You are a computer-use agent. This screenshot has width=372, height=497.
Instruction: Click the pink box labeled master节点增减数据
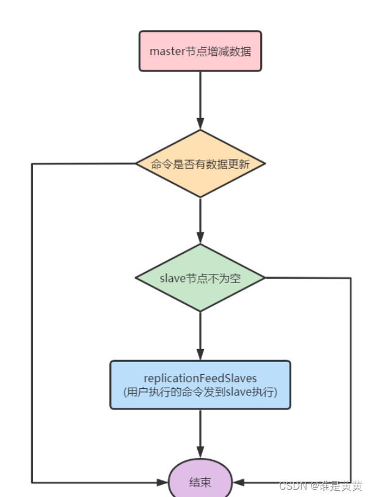(x=200, y=51)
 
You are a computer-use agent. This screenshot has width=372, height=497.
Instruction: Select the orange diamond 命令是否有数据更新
(x=200, y=164)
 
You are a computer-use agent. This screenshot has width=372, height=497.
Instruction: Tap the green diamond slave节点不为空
(x=200, y=278)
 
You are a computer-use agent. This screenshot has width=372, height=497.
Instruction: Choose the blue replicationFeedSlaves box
(x=200, y=385)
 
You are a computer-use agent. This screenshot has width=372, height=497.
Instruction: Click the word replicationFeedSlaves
(x=200, y=378)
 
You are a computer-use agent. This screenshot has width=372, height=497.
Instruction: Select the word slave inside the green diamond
(x=172, y=278)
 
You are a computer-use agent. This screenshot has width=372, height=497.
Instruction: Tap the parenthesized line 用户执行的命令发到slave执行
(x=200, y=392)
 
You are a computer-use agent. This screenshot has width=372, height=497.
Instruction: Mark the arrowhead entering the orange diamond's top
(x=200, y=124)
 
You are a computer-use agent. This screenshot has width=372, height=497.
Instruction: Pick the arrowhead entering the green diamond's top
(x=200, y=238)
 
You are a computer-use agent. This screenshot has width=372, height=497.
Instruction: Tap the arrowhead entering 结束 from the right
(x=237, y=482)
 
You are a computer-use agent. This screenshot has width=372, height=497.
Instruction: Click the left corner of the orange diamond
(x=135, y=164)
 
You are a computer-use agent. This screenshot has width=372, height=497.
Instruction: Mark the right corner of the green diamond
(x=265, y=278)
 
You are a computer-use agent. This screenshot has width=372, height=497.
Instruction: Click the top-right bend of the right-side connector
(x=351, y=278)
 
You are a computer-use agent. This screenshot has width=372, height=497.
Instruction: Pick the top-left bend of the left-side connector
(x=32, y=164)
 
